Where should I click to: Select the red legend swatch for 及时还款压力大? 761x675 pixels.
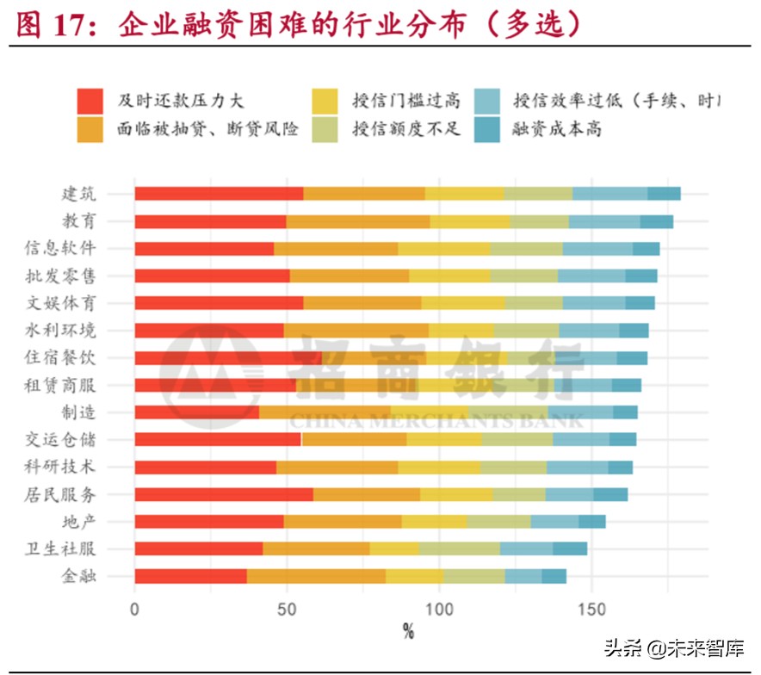pos(90,101)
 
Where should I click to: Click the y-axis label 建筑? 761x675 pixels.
pos(78,193)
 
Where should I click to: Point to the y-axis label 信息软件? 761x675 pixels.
pos(60,248)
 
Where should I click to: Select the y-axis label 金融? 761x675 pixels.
pos(78,576)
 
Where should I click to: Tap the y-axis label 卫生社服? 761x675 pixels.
pos(60,548)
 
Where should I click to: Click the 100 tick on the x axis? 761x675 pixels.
pos(440,610)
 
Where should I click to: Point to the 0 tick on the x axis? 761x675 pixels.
pos(134,610)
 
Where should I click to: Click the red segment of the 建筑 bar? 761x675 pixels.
pos(219,193)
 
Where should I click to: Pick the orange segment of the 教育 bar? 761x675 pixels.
pos(358,221)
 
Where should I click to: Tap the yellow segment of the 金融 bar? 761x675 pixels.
pos(414,576)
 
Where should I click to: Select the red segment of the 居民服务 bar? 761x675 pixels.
pos(224,494)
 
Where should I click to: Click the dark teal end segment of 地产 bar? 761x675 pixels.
pos(591,521)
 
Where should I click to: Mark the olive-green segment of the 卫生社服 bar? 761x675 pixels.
pos(459,548)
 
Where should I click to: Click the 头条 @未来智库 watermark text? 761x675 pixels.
pos(673,648)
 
